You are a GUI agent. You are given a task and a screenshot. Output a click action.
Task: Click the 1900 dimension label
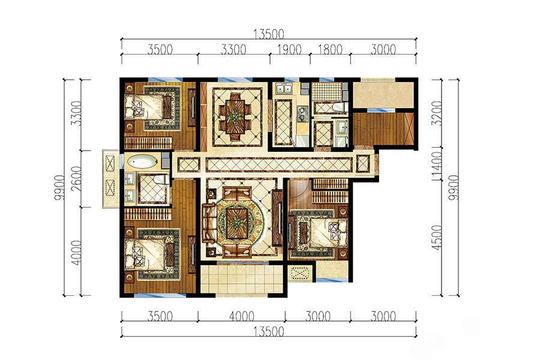coord(289,50)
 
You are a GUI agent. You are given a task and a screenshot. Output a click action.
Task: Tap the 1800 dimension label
coord(330,50)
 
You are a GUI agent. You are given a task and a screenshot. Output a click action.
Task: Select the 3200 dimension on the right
coord(436,113)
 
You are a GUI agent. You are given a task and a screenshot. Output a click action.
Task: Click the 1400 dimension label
coord(436,166)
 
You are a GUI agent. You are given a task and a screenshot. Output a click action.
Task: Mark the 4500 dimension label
coord(436,238)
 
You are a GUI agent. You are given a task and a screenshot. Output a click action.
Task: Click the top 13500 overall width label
coord(269,34)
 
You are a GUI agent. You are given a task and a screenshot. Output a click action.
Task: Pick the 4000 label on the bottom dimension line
coord(242,316)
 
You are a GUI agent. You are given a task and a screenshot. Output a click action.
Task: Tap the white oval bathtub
coord(142,161)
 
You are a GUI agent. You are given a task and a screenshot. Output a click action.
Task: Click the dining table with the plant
coord(235,116)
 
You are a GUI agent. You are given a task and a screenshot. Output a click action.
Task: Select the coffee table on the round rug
coord(237,223)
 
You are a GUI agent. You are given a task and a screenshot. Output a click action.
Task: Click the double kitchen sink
coord(284,89)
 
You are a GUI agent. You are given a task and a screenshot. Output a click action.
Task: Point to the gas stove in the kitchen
coord(302,114)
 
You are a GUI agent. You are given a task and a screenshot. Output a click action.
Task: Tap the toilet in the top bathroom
coord(339,107)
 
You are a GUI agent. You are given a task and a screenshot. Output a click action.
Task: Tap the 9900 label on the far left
coord(59,188)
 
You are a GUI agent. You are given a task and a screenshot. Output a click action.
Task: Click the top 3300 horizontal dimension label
coord(233,50)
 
